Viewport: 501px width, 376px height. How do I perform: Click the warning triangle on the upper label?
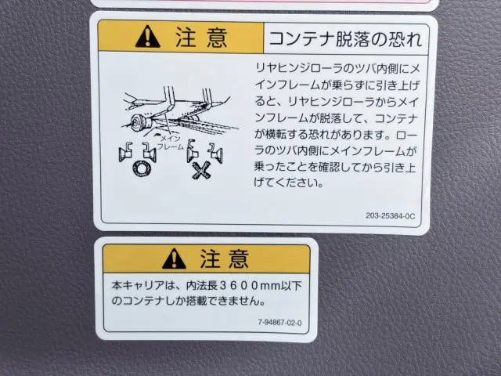(x=148, y=37)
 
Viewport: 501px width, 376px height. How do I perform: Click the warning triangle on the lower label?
(x=174, y=258)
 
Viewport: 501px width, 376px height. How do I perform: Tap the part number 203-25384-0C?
(x=391, y=216)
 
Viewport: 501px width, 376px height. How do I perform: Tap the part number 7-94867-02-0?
(x=279, y=323)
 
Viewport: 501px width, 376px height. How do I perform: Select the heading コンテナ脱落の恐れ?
(x=345, y=39)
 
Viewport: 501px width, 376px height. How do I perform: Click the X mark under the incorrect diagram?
(x=201, y=170)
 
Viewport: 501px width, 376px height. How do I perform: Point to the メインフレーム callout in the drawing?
(x=171, y=143)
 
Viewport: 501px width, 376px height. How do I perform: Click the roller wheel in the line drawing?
(x=139, y=123)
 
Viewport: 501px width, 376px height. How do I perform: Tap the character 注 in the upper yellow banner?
(x=186, y=38)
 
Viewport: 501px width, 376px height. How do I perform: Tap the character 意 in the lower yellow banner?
(x=238, y=258)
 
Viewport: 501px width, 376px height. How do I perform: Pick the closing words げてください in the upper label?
(x=285, y=183)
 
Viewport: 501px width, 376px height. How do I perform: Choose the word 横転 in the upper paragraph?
(x=276, y=135)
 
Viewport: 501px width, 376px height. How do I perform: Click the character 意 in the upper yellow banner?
(x=218, y=38)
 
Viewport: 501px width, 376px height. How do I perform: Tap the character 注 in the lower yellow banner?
(x=210, y=258)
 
